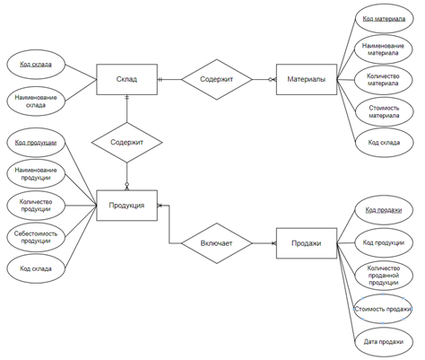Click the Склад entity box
coord(126,79)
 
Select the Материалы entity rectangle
coord(307,79)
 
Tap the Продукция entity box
coord(126,206)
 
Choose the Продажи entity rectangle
coord(307,243)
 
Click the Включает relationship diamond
coord(217,243)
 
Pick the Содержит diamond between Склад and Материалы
coord(217,79)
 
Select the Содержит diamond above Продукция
coord(126,143)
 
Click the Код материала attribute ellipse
coord(384,19)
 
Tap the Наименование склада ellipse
coord(36,101)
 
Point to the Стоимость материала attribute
coord(384,111)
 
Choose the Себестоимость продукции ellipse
coord(36,237)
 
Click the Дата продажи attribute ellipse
coord(384,342)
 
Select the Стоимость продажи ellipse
coord(383,309)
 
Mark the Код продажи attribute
coord(384,210)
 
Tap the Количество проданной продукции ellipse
coord(384,276)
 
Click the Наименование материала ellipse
coord(383,49)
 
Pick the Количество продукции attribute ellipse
coord(36,206)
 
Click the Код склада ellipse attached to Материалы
coord(384,143)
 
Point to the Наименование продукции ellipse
coord(36,173)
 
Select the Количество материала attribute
coord(383,80)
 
